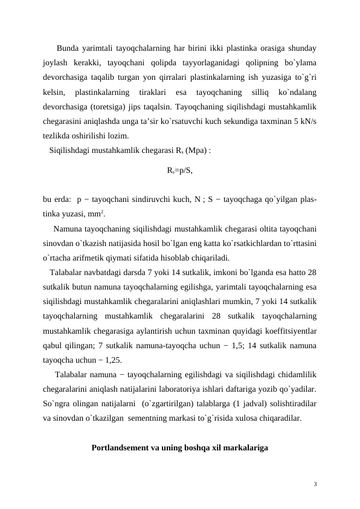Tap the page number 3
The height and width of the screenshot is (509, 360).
coord(315,484)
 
